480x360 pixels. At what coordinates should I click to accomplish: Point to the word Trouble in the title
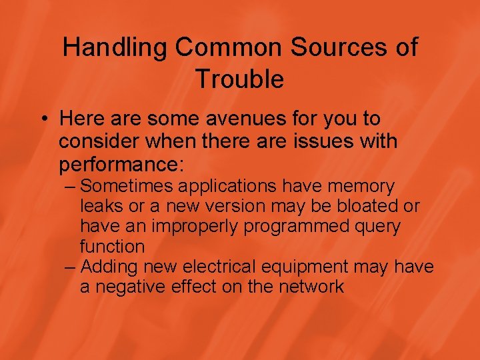coord(240,80)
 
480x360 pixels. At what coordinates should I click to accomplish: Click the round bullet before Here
coord(43,120)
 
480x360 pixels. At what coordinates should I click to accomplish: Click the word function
coord(112,246)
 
